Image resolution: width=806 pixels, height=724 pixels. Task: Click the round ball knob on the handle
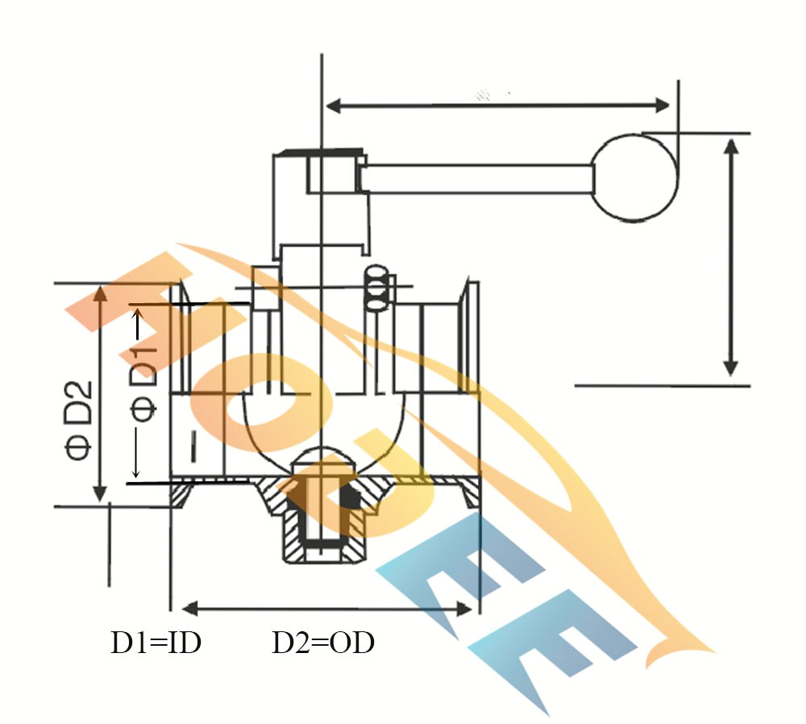pyautogui.click(x=636, y=177)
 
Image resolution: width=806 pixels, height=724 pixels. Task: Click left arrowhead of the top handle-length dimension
pyautogui.click(x=332, y=105)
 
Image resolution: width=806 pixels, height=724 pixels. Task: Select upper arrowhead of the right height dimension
pyautogui.click(x=730, y=146)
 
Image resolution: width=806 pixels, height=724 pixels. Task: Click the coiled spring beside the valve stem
pyautogui.click(x=376, y=288)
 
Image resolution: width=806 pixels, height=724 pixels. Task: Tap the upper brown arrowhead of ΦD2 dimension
pyautogui.click(x=100, y=292)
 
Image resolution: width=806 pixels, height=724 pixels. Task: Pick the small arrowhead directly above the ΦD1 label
pyautogui.click(x=138, y=318)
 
